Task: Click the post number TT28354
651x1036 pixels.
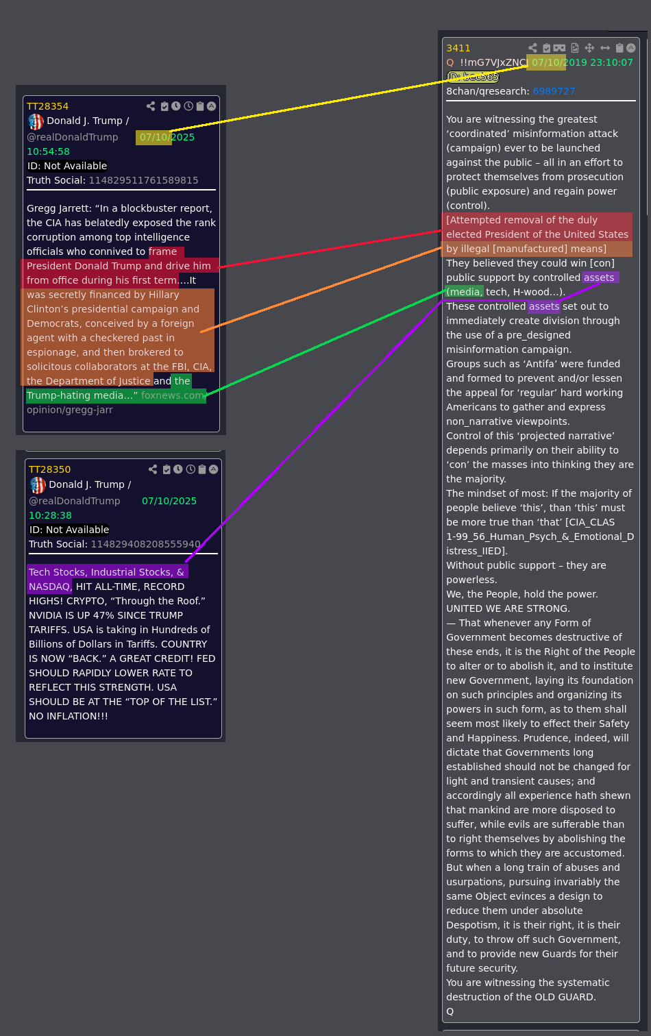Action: tap(48, 106)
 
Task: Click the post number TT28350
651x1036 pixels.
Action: tap(49, 469)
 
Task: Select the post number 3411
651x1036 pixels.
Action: tap(458, 48)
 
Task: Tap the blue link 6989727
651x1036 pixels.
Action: tap(554, 91)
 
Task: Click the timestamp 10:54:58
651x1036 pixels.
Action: tap(48, 151)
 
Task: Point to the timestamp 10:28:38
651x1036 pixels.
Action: tap(51, 515)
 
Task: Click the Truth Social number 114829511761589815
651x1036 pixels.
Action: tap(143, 180)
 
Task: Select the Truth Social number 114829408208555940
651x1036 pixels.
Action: tap(146, 544)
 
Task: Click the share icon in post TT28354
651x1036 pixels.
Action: tap(151, 106)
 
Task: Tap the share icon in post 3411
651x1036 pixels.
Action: tap(533, 48)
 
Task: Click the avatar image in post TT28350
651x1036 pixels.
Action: tap(38, 485)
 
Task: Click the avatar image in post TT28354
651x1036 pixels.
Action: tap(36, 122)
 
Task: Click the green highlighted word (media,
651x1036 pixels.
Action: tap(465, 292)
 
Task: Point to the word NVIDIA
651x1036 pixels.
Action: tap(44, 615)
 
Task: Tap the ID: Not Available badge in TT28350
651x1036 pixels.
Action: tap(69, 530)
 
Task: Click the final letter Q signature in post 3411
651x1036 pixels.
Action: tap(450, 1011)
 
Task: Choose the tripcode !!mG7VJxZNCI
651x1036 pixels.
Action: tap(493, 62)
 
